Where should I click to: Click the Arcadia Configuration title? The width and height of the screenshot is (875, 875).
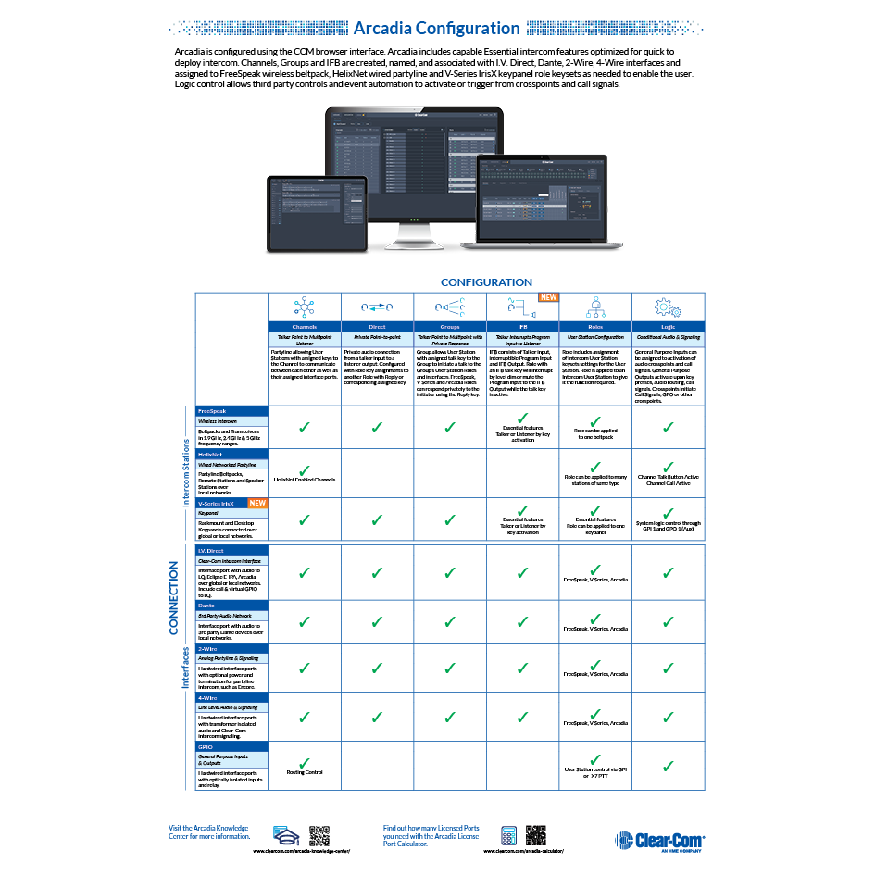click(437, 29)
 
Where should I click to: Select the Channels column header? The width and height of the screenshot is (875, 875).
click(304, 327)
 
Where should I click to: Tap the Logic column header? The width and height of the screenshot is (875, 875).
click(668, 327)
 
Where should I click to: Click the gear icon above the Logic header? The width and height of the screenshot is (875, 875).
click(667, 307)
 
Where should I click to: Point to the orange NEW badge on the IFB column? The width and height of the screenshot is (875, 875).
click(548, 298)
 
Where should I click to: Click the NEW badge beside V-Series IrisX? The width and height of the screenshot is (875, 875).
click(256, 503)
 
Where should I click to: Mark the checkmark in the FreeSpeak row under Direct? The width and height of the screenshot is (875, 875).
click(377, 428)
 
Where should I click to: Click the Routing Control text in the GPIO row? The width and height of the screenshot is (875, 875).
click(304, 771)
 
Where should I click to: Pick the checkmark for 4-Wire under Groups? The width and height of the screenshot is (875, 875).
click(450, 717)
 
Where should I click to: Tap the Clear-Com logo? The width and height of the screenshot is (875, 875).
click(659, 840)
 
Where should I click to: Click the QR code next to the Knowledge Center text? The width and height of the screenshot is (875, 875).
click(319, 834)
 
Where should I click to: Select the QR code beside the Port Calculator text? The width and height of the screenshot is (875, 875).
click(535, 834)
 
